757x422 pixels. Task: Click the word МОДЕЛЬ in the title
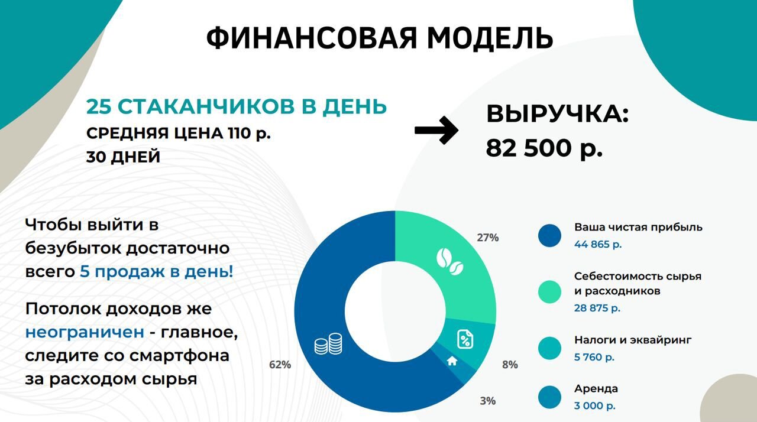tap(490, 38)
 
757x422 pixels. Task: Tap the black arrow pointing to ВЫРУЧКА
tap(436, 130)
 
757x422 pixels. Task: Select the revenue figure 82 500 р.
tap(545, 148)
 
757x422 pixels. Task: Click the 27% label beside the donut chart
tap(488, 238)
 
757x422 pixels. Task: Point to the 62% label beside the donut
tap(280, 365)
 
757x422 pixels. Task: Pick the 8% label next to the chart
tap(510, 365)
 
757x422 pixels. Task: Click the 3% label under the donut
tap(488, 401)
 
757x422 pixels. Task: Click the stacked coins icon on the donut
tap(328, 344)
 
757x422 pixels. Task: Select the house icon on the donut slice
tap(452, 361)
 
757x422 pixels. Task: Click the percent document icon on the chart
tap(465, 339)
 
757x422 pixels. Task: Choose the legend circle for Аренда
tap(549, 397)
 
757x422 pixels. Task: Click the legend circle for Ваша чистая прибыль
tap(549, 236)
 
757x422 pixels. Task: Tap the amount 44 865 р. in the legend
tap(598, 244)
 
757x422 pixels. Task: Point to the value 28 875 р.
tap(597, 308)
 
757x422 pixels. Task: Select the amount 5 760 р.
tap(594, 357)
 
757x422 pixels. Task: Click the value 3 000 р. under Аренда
tap(595, 405)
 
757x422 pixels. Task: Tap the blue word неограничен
tap(85, 332)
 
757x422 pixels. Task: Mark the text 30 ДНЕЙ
tap(123, 157)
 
